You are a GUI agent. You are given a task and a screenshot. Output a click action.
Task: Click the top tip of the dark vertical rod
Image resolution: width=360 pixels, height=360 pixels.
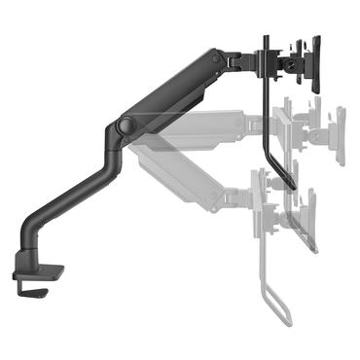click(x=263, y=37)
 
